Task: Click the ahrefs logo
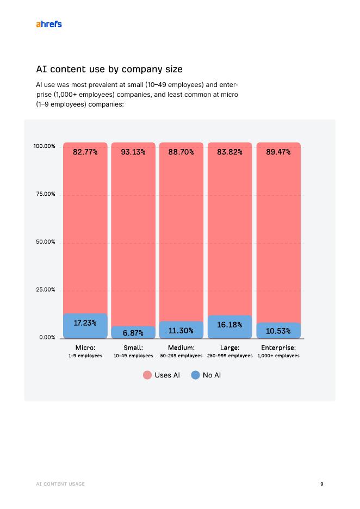point(48,24)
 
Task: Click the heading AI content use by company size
point(109,69)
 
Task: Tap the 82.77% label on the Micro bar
point(85,152)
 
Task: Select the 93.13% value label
point(133,152)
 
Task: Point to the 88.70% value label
point(181,152)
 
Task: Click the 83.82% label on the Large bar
point(229,152)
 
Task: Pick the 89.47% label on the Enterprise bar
point(278,152)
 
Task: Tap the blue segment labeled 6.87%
point(133,332)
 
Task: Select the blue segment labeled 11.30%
point(181,330)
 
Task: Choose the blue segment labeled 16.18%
point(229,326)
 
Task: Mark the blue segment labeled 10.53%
point(278,330)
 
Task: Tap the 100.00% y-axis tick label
point(45,146)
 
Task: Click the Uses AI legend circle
point(147,375)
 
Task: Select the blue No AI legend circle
point(196,375)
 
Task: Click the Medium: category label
point(181,347)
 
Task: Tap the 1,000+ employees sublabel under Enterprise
point(278,356)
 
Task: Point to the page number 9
point(322,483)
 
